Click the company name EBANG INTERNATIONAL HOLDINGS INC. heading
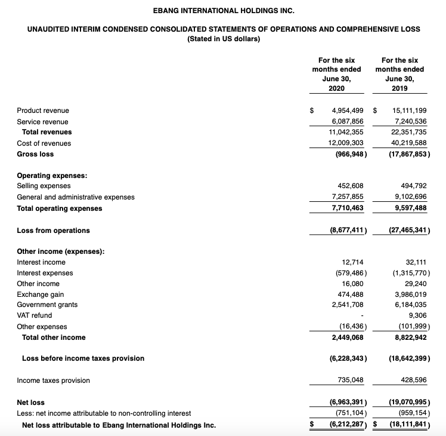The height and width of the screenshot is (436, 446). click(224, 11)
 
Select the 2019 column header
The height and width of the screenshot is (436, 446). click(399, 74)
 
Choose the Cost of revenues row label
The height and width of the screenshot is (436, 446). click(44, 143)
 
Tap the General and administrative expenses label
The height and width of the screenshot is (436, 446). click(76, 197)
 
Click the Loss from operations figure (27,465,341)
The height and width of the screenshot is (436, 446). click(408, 231)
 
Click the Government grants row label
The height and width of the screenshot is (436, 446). click(47, 305)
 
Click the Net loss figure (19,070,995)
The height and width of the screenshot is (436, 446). click(408, 403)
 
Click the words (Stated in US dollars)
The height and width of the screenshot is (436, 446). click(224, 39)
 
